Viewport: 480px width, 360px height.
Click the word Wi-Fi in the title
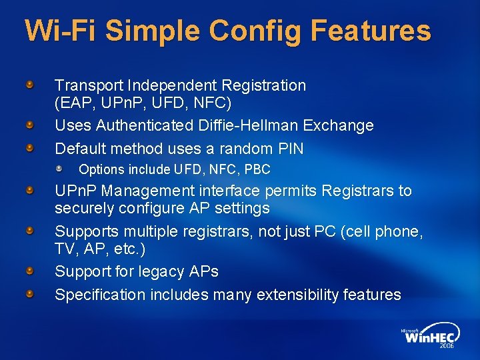click(59, 31)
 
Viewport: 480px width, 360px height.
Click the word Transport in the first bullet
click(89, 85)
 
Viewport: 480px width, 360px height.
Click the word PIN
click(291, 148)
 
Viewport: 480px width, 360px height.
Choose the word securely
click(85, 209)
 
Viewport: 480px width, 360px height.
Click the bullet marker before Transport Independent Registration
click(31, 85)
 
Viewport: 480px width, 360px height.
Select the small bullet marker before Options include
click(59, 169)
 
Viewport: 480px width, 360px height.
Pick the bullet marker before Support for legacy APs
click(31, 271)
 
